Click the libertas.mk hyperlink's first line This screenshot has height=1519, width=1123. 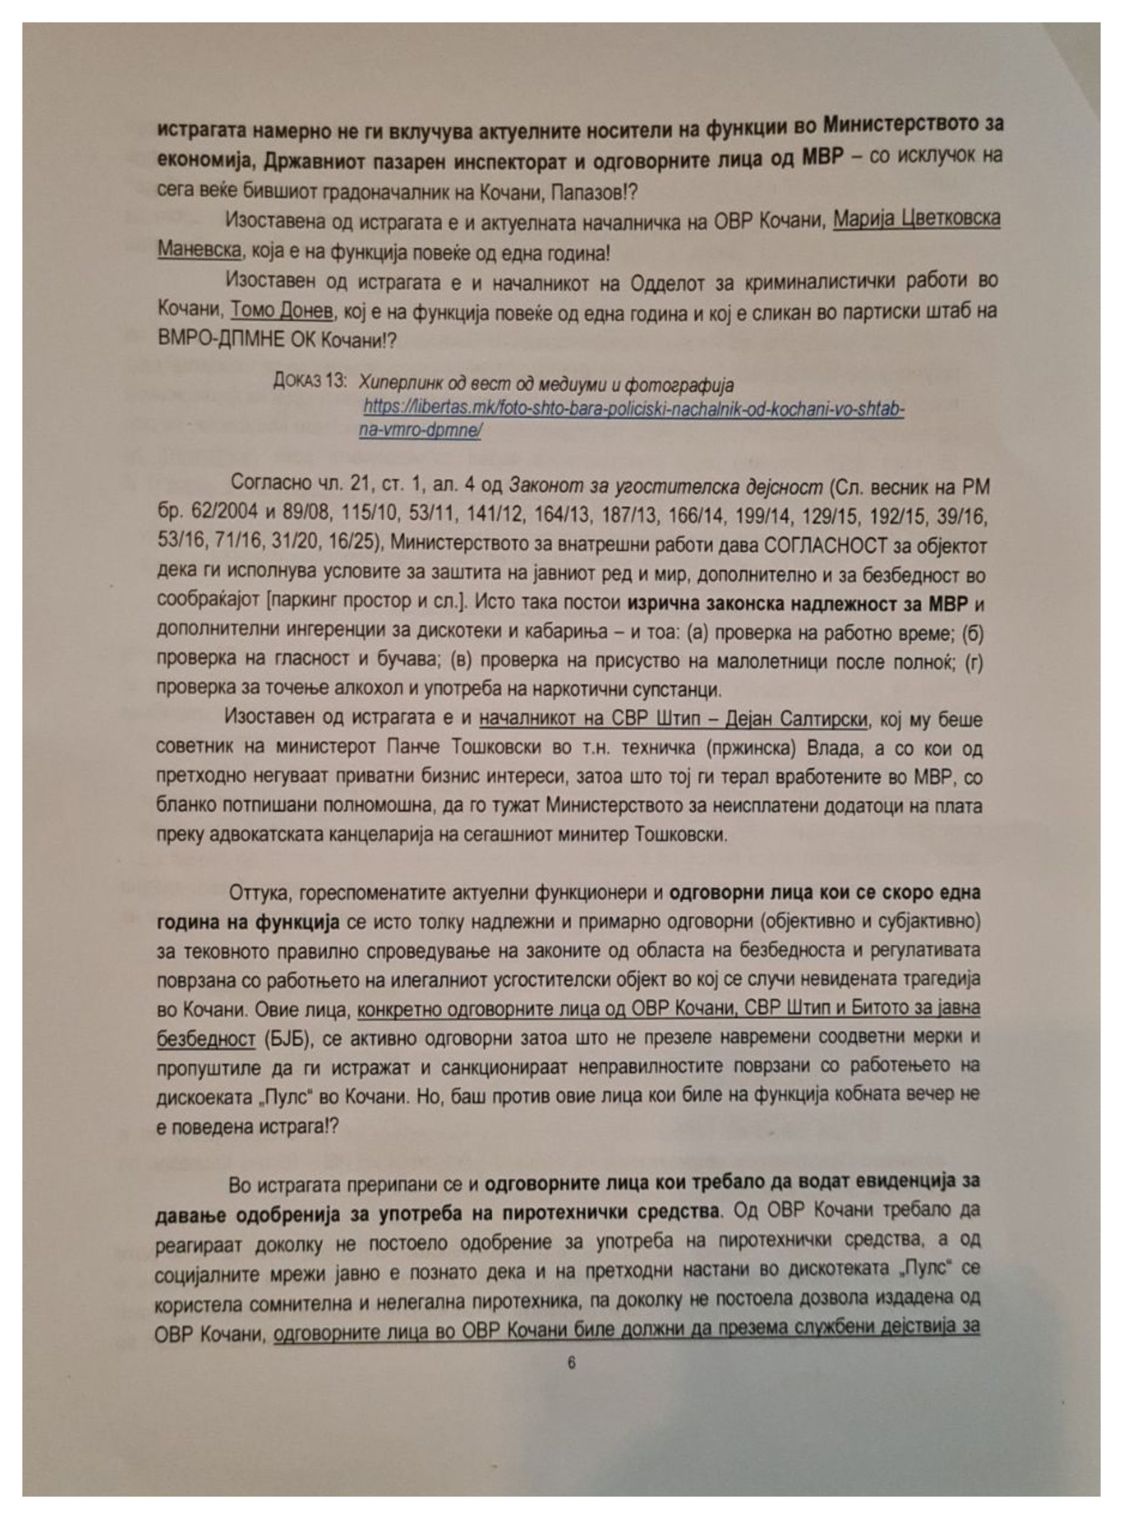coord(633,409)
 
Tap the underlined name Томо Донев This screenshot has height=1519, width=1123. coord(282,312)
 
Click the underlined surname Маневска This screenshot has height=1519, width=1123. coord(199,251)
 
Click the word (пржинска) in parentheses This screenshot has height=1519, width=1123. coord(750,749)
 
